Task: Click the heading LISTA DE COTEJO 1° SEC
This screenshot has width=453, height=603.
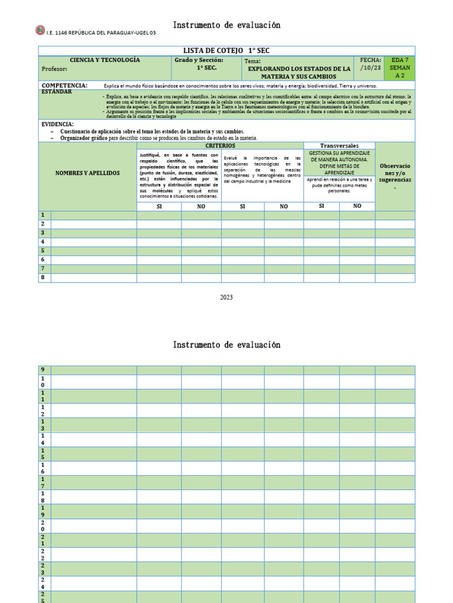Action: tap(226, 51)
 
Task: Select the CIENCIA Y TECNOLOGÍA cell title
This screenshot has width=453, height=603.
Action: tap(105, 60)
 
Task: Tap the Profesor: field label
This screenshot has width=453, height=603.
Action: tap(55, 69)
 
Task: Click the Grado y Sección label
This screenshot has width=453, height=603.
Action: tap(198, 60)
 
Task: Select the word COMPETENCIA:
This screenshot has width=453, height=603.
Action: tap(64, 85)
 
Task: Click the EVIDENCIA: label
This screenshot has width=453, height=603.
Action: tap(58, 124)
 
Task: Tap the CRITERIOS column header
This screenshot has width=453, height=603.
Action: tap(220, 145)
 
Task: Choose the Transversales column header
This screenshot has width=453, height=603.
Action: tap(339, 145)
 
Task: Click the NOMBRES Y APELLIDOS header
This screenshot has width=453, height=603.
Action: tap(87, 173)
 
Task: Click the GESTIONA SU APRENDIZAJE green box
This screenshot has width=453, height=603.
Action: tap(339, 163)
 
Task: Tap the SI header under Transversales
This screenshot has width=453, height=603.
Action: tap(321, 206)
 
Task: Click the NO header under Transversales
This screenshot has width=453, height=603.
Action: tap(357, 206)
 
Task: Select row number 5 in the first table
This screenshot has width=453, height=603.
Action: tap(42, 251)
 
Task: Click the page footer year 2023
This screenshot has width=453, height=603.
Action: tap(226, 297)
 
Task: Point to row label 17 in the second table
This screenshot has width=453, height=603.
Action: tap(42, 483)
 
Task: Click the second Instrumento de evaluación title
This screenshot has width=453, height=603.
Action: tap(226, 344)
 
